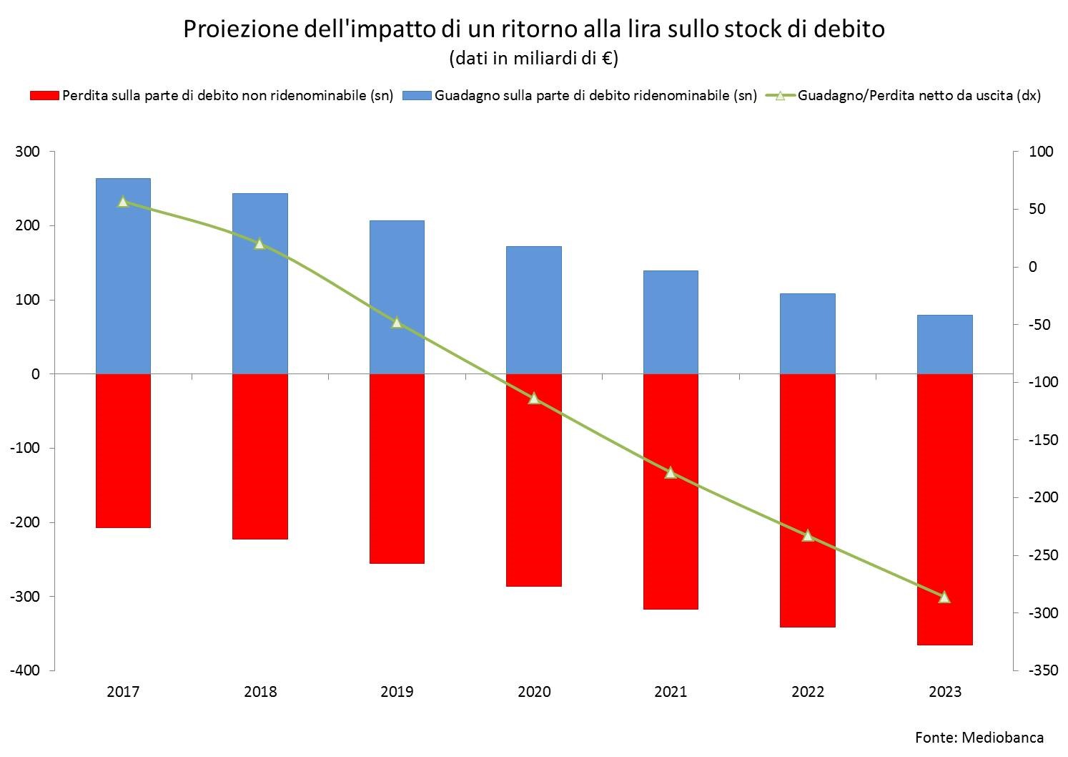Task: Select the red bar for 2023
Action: pos(944,508)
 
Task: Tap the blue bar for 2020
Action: pos(534,310)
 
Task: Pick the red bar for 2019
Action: pos(397,469)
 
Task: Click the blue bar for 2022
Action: pos(808,333)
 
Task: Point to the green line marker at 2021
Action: pos(671,472)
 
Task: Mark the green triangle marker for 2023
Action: pos(944,597)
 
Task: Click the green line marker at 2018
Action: pos(259,243)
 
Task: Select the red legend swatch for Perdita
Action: pos(44,96)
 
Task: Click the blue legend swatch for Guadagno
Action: pos(417,96)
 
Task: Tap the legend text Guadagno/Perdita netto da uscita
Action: pos(919,96)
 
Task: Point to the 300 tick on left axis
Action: pos(29,152)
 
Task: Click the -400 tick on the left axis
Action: pos(26,670)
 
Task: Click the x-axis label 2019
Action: pos(397,692)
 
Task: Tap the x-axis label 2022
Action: pos(808,692)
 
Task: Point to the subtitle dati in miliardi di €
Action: pos(533,58)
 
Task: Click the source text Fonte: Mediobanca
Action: pos(979,737)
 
